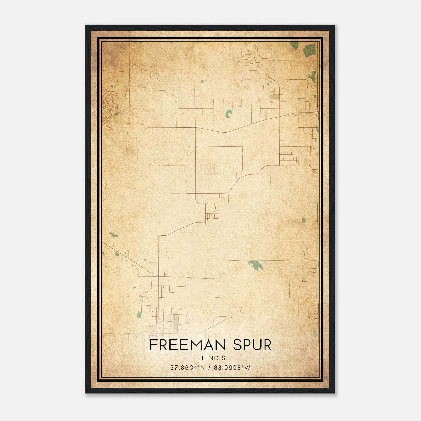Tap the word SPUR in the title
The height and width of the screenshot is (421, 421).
click(x=252, y=345)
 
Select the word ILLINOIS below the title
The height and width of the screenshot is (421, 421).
click(x=210, y=358)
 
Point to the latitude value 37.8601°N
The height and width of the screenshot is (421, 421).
click(x=187, y=368)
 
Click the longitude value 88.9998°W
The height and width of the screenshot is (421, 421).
click(x=232, y=368)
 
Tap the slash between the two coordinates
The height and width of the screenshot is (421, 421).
click(x=209, y=368)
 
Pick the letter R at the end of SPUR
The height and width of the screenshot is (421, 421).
click(x=267, y=345)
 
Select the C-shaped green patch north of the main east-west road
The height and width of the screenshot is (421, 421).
click(x=229, y=114)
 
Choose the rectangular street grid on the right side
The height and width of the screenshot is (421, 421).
click(x=289, y=156)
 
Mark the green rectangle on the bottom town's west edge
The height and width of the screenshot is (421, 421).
click(x=139, y=315)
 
